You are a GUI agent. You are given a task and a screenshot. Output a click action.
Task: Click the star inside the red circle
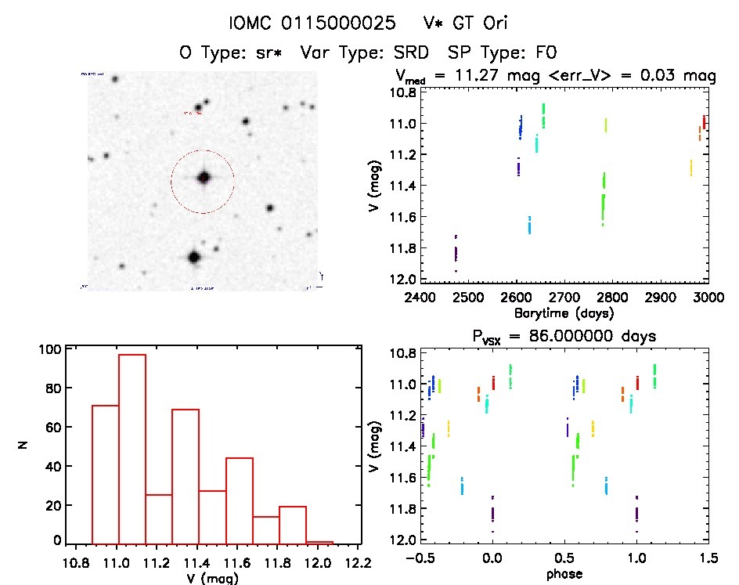pyautogui.click(x=204, y=178)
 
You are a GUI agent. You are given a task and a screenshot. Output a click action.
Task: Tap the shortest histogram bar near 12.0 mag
pyautogui.click(x=319, y=541)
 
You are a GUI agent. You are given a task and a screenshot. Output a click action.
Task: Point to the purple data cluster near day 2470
pyautogui.click(x=456, y=252)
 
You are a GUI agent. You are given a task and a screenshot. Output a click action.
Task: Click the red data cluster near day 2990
pyautogui.click(x=704, y=122)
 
